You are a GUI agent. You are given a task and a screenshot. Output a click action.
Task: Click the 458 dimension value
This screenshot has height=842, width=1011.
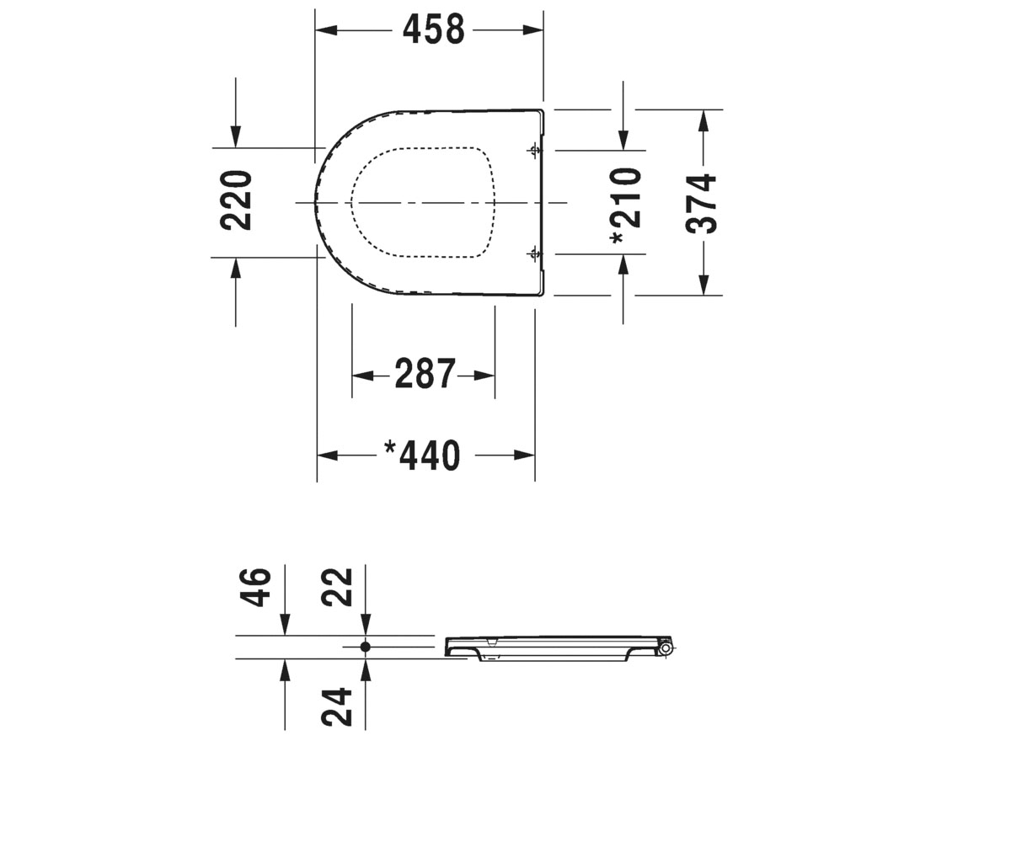(433, 29)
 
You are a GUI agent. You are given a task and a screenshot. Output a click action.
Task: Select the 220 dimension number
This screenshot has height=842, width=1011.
(236, 200)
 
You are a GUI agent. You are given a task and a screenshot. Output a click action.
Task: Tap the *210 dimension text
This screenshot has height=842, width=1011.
(626, 205)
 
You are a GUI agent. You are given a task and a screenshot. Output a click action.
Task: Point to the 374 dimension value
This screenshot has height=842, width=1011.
(701, 204)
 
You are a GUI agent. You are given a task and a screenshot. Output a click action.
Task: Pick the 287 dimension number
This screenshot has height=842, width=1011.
(425, 374)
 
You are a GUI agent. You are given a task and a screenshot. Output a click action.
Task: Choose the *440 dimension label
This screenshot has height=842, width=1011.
(422, 455)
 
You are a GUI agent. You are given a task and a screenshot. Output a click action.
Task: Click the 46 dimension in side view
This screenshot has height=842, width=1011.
(255, 588)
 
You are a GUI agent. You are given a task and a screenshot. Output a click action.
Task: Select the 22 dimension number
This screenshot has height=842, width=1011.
(336, 587)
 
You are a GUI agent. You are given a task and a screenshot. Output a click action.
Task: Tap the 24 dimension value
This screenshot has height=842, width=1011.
(336, 707)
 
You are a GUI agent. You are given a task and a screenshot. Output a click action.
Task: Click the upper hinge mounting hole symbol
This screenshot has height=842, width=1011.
(534, 150)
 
